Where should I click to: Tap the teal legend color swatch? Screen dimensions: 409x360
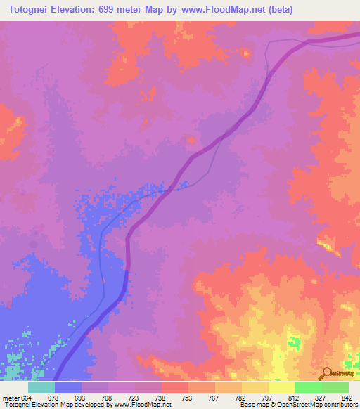41,387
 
